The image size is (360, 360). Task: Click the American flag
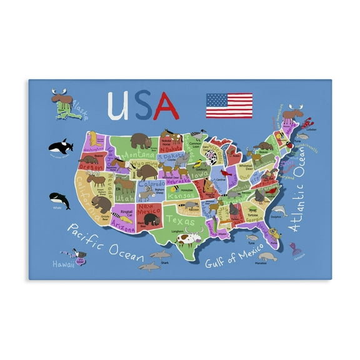coord(229,106)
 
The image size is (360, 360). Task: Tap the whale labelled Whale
coord(59,200)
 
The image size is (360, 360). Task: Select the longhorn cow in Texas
coord(187,238)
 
